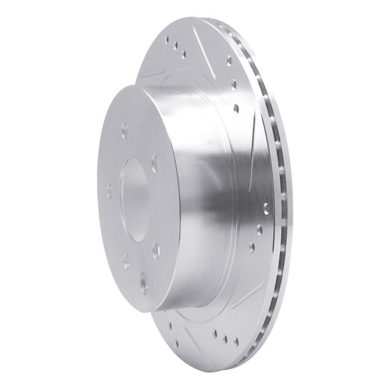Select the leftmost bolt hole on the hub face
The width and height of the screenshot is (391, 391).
click(109, 188)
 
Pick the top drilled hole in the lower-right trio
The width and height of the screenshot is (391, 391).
click(264, 209)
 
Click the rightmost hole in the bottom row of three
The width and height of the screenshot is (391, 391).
click(235, 342)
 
